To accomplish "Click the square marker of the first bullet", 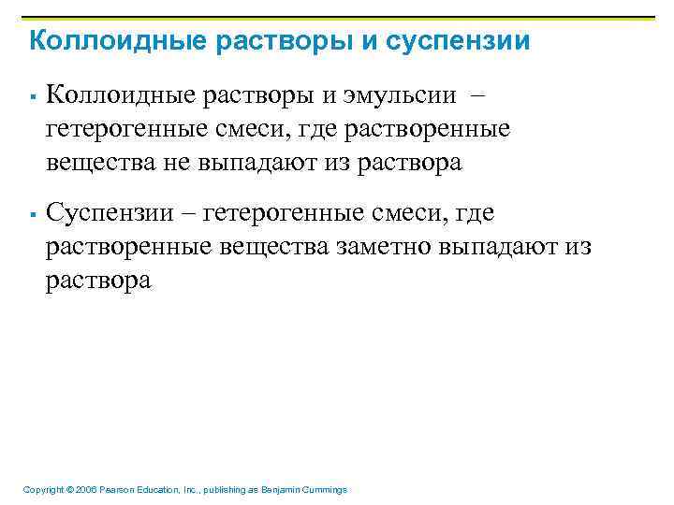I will [x=32, y=96].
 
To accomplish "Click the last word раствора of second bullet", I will [x=98, y=281].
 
